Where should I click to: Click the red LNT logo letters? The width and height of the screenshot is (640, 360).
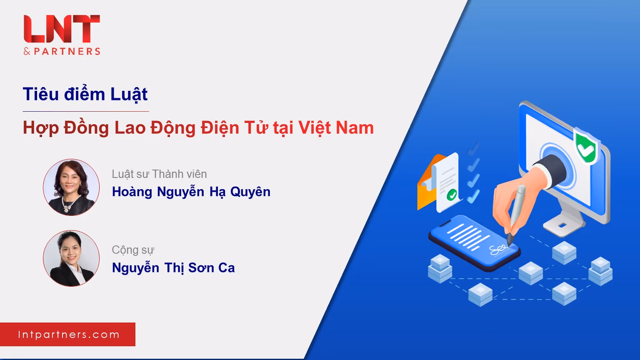pos(62,29)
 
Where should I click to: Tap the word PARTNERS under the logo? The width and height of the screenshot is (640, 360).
pos(67,51)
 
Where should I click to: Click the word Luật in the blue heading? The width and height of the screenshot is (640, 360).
pos(129,94)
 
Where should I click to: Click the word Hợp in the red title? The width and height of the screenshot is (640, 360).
pos(41,128)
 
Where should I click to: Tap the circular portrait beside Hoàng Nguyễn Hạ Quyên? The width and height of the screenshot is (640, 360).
pos(71,187)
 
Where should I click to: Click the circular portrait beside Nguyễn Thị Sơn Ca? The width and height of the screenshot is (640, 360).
pos(71,258)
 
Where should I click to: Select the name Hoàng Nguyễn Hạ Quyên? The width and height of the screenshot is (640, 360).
pos(191,192)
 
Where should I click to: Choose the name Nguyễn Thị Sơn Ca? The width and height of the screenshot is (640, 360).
pos(173,268)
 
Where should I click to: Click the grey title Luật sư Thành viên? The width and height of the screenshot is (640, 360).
pos(159,174)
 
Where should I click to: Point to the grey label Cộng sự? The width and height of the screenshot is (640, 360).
pos(133,250)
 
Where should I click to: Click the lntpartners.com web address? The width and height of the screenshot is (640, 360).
pos(69,335)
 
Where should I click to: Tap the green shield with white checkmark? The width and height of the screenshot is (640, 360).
pos(586,147)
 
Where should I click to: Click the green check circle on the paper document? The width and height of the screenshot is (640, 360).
pos(452,195)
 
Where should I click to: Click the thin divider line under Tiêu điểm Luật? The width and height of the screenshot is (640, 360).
pos(86,111)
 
